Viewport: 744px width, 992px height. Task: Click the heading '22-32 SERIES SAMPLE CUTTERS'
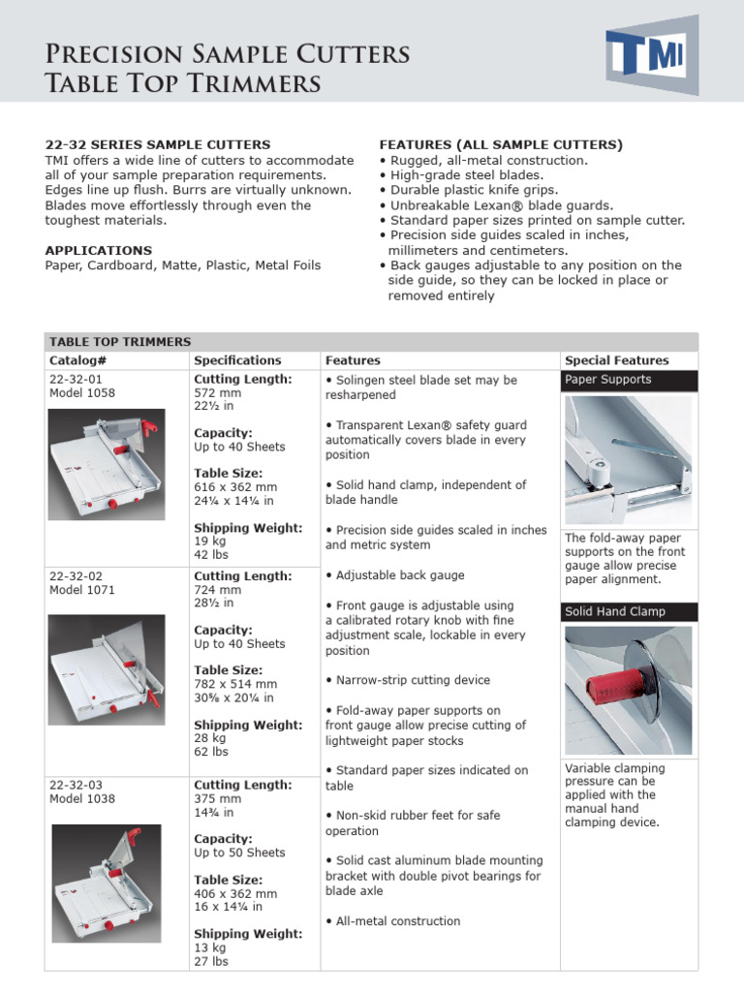158,144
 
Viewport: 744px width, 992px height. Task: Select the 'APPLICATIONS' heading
98,250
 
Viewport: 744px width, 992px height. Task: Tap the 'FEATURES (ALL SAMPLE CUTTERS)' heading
500,144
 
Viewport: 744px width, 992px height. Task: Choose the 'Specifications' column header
237,360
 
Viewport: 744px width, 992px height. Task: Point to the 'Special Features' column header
616,360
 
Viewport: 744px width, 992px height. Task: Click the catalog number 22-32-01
76,380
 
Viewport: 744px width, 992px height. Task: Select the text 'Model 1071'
81,590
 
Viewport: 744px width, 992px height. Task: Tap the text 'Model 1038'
81,799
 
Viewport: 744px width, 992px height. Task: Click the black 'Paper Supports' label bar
629,380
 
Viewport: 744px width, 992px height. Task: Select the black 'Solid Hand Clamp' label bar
629,611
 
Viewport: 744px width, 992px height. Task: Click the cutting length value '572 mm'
218,393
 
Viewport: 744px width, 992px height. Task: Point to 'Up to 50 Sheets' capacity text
239,852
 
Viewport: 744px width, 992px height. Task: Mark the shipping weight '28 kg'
210,738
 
